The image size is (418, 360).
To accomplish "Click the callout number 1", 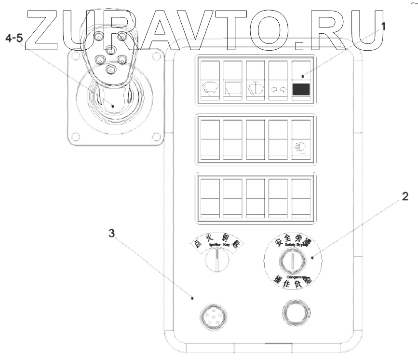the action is (383, 27).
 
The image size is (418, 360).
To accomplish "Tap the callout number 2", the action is (405, 196).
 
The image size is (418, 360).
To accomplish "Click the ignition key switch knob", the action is (216, 263).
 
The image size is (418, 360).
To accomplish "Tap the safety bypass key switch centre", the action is (289, 263).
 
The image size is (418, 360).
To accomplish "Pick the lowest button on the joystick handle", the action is (111, 70).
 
